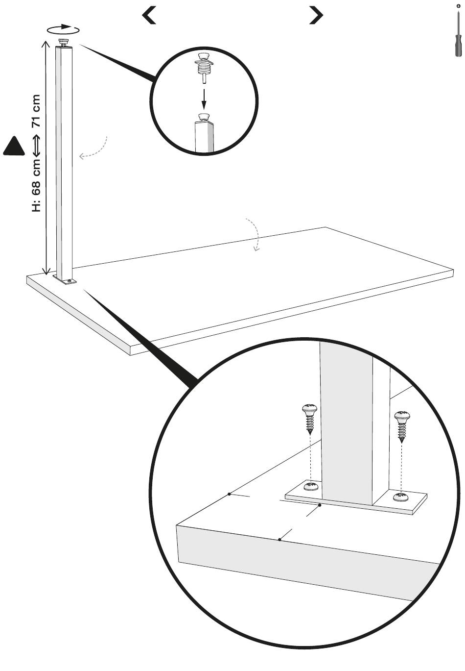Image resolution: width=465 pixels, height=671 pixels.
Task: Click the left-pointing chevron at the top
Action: (149, 15)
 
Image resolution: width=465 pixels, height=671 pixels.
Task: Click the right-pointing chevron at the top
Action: (316, 15)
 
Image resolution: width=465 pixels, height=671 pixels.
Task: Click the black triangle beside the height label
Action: (14, 146)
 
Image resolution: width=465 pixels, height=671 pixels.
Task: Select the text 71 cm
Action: (36, 111)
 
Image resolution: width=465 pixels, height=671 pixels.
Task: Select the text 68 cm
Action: (36, 177)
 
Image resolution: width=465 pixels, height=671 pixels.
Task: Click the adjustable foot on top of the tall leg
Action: (64, 42)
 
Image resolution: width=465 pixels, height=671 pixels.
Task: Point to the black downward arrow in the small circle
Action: (204, 99)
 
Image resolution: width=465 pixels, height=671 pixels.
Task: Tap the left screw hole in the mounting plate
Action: (311, 486)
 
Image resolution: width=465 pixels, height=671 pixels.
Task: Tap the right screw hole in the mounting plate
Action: (401, 496)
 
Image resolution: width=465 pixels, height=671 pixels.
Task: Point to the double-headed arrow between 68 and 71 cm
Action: (36, 146)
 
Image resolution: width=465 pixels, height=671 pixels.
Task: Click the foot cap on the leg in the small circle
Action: (204, 117)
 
